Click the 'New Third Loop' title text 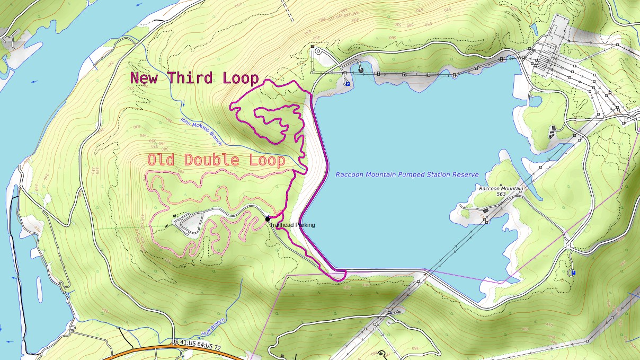coord(194,78)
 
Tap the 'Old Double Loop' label coord(216,160)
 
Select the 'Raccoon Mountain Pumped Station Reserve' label coord(407,174)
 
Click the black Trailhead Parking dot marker coord(268,218)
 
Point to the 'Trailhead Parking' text coord(292,225)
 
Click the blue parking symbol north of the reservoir coord(348,83)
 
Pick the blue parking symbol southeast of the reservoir coord(573,273)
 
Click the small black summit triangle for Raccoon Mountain coord(501,185)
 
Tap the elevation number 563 coord(501,194)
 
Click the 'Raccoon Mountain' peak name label coord(501,189)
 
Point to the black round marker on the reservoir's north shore coord(361,69)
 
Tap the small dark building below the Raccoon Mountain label coord(485,211)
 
